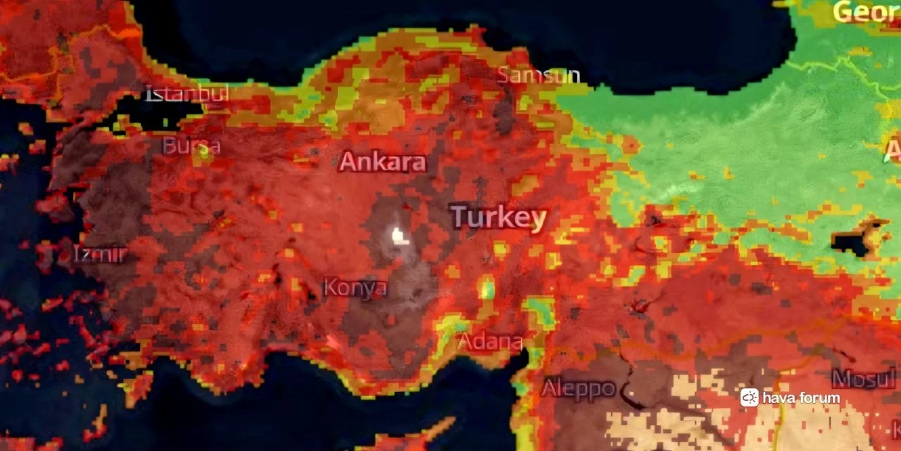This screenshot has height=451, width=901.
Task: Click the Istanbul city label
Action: (187, 94)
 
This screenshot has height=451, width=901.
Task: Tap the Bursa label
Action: (191, 147)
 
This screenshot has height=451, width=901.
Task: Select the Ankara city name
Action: (382, 162)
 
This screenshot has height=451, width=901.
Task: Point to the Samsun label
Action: (539, 75)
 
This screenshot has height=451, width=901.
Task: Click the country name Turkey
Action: (498, 217)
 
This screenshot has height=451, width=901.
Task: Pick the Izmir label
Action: (101, 254)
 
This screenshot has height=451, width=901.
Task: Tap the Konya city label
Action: (355, 288)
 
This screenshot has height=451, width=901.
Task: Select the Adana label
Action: (490, 342)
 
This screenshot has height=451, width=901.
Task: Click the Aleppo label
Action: (579, 388)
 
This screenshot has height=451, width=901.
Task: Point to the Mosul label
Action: (863, 379)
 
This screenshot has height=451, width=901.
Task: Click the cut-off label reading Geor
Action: (866, 12)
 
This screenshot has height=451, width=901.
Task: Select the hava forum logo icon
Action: (749, 397)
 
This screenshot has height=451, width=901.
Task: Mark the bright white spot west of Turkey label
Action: (400, 235)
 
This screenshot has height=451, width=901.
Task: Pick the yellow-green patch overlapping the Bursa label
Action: (203, 151)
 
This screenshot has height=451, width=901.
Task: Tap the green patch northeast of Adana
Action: (541, 311)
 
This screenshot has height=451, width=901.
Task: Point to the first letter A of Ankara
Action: (346, 162)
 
